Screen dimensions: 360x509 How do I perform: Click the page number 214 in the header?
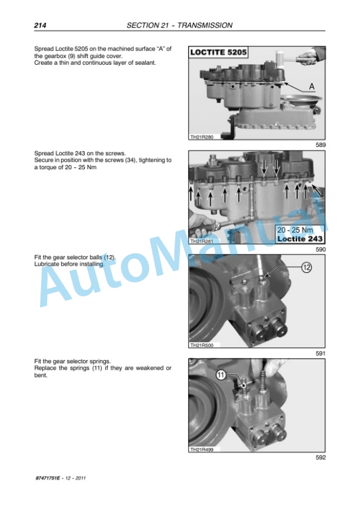(x=40, y=25)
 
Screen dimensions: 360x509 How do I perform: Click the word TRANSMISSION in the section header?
(x=205, y=25)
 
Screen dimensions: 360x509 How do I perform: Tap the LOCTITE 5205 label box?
(x=218, y=52)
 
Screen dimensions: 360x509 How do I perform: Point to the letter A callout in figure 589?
(x=312, y=86)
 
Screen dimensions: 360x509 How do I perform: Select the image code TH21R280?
(x=202, y=137)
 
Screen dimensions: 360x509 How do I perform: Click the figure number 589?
(x=321, y=145)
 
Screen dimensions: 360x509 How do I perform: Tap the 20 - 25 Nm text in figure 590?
(x=295, y=230)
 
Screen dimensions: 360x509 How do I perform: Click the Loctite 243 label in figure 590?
(x=299, y=239)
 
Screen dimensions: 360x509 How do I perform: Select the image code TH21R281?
(x=202, y=241)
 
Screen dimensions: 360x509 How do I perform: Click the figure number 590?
(x=321, y=249)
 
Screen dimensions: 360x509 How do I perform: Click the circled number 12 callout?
(x=306, y=267)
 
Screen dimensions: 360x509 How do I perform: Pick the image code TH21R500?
(x=202, y=345)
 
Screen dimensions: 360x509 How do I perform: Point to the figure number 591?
(x=321, y=353)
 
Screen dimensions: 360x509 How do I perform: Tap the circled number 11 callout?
(x=221, y=375)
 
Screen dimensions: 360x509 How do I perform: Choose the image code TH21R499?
(x=202, y=449)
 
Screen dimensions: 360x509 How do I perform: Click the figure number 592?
(x=321, y=457)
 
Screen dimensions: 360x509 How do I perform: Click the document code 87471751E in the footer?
(x=48, y=478)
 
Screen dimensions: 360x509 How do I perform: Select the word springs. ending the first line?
(x=99, y=361)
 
